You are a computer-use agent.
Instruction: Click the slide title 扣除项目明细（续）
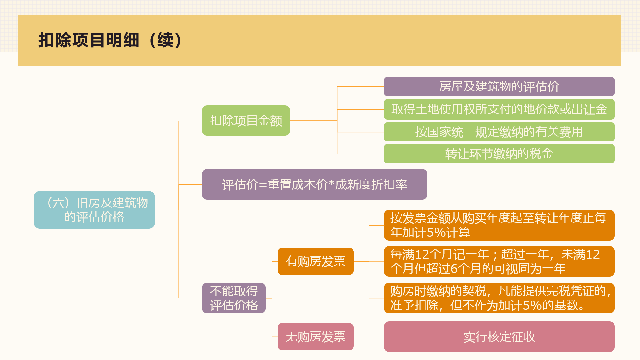110,40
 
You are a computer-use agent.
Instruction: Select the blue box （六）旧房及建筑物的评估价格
94,210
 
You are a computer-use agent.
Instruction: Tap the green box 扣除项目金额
246,120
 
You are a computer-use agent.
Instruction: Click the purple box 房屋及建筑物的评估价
499,86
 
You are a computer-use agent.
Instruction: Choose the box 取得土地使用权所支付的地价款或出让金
499,109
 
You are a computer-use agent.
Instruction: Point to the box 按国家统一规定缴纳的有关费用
499,132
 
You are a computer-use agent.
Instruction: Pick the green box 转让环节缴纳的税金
499,154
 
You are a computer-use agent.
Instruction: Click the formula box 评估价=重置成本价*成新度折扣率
314,184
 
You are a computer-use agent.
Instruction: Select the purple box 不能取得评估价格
234,298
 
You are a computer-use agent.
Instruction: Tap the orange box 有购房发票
315,261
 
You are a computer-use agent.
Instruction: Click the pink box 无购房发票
315,337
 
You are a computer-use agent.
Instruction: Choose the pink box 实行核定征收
499,337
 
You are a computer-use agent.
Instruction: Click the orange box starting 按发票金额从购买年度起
499,225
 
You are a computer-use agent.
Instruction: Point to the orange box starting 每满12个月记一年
499,261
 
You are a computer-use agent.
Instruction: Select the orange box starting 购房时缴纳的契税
499,298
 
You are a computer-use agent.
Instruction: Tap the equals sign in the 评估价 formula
263,185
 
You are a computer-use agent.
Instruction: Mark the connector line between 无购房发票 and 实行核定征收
369,337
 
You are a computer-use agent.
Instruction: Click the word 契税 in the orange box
474,291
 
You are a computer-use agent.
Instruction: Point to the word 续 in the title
166,40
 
